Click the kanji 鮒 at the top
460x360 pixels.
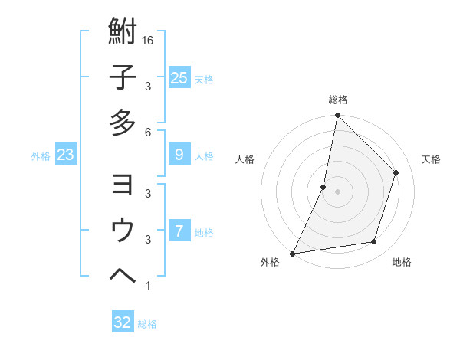[x=123, y=32]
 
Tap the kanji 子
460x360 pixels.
[x=123, y=77]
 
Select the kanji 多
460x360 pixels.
[x=123, y=123]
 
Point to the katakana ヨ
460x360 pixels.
[x=123, y=185]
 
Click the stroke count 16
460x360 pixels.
[x=149, y=40]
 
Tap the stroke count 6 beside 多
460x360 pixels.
[x=148, y=131]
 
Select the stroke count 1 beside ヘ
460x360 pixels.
[x=148, y=286]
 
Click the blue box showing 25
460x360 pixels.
[x=179, y=78]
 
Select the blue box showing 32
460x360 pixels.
[x=123, y=322]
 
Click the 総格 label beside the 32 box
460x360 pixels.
[x=147, y=324]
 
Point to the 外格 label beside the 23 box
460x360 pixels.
[x=41, y=156]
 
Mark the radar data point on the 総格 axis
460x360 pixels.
[x=337, y=116]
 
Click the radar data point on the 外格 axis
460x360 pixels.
[x=293, y=253]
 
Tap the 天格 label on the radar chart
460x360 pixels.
[x=431, y=159]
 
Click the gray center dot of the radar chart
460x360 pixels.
[x=337, y=191]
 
